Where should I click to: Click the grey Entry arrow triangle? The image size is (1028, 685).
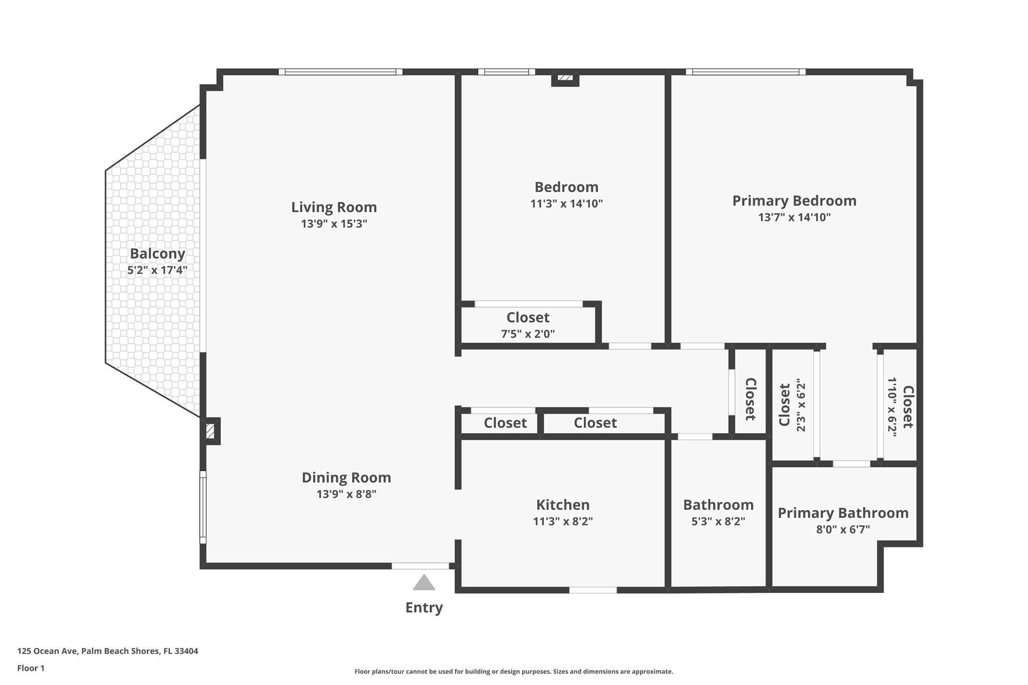(424, 583)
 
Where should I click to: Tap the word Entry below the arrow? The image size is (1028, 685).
(424, 608)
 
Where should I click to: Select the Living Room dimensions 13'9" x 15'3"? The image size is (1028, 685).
(334, 224)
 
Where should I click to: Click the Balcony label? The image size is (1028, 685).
(157, 253)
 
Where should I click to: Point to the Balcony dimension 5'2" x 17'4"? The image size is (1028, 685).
(157, 270)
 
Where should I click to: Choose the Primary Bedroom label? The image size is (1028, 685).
(794, 201)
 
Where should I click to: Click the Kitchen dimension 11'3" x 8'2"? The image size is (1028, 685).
(563, 521)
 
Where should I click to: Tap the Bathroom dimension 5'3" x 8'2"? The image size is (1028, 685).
(718, 521)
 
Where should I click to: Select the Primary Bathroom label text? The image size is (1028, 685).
(843, 513)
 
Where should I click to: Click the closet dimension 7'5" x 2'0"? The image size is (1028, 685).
(528, 334)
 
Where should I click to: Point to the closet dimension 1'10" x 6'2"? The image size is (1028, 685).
(892, 407)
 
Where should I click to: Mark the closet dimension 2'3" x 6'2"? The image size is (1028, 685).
(801, 405)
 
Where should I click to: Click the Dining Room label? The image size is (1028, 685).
(346, 477)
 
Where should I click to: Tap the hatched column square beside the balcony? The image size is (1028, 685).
(210, 431)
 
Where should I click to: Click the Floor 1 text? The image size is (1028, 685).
(31, 668)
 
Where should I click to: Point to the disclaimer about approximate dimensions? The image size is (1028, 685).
(513, 671)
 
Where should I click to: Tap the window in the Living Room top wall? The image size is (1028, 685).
(340, 72)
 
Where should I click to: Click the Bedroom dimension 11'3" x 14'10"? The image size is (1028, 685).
(566, 204)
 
